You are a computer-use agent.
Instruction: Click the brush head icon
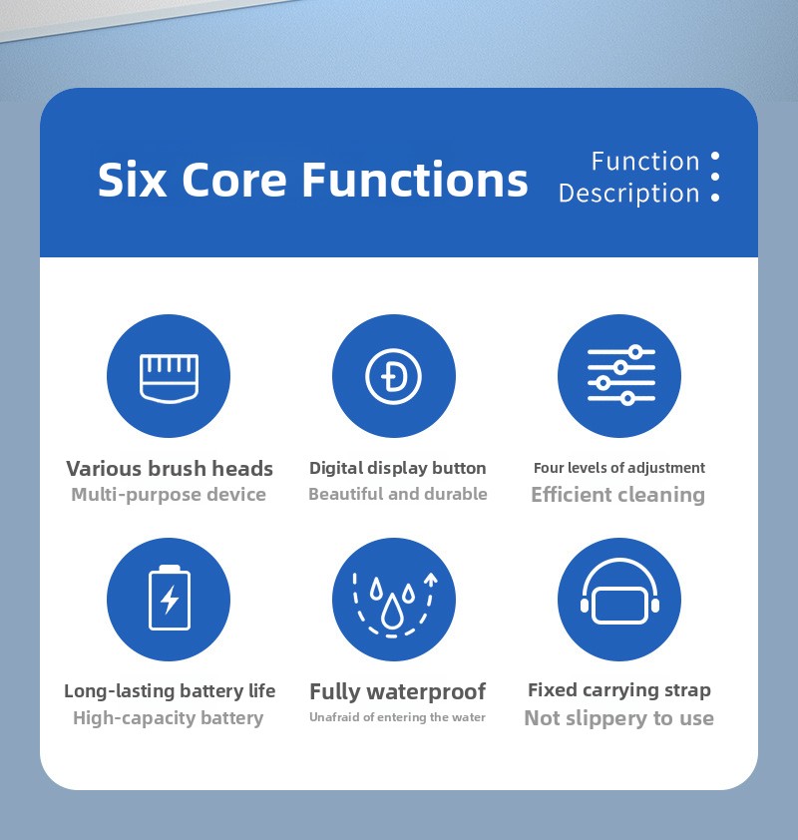point(169,377)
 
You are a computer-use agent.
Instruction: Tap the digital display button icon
point(394,376)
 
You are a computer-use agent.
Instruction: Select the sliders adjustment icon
point(620,375)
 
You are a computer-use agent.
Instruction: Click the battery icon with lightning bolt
point(170,598)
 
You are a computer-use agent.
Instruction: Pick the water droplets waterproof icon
point(393,605)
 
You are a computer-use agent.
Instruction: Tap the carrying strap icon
point(619,592)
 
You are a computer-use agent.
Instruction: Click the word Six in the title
point(132,180)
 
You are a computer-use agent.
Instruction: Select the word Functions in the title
point(415,180)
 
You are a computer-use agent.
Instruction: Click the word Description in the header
point(629,194)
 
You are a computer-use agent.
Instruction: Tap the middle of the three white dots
point(715,177)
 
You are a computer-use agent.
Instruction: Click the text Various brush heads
point(170,469)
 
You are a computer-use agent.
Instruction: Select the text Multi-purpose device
point(169,495)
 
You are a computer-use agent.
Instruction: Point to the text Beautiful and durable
point(398,494)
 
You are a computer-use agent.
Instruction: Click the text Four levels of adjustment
point(619,468)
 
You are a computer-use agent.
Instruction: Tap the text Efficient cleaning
point(618,495)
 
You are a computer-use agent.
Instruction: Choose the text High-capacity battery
point(169,718)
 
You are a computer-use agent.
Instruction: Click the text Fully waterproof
point(397,691)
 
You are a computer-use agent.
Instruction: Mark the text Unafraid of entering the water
point(397,716)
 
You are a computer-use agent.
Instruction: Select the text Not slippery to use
point(619,718)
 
